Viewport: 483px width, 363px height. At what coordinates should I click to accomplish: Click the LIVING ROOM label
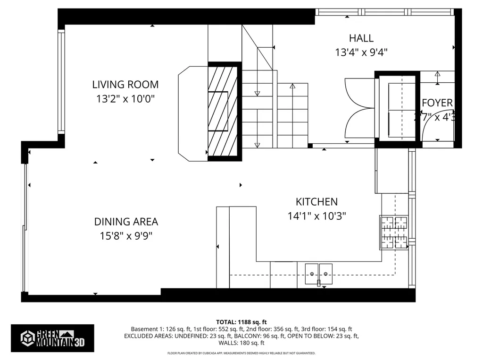tap(125, 85)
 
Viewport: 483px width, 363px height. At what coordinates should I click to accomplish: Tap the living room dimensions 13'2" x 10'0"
tap(125, 99)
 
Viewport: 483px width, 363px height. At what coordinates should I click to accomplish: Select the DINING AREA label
tap(126, 222)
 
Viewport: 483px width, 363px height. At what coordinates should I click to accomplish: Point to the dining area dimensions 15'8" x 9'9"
tap(126, 236)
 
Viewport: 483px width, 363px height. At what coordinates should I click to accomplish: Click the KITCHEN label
tap(316, 202)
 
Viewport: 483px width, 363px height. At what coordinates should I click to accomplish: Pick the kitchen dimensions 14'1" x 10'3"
tap(316, 216)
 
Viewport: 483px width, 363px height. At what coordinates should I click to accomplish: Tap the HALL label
tap(361, 38)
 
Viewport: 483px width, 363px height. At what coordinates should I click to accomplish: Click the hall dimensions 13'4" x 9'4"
tap(361, 52)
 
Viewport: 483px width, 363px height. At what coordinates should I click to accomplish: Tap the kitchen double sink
tap(319, 273)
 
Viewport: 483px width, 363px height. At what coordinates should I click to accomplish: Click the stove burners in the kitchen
tap(394, 233)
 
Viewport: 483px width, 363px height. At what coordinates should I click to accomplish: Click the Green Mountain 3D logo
tap(52, 337)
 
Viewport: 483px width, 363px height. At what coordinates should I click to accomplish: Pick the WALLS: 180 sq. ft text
tap(241, 343)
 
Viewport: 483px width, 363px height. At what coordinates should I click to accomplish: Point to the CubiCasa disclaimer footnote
tap(241, 353)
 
